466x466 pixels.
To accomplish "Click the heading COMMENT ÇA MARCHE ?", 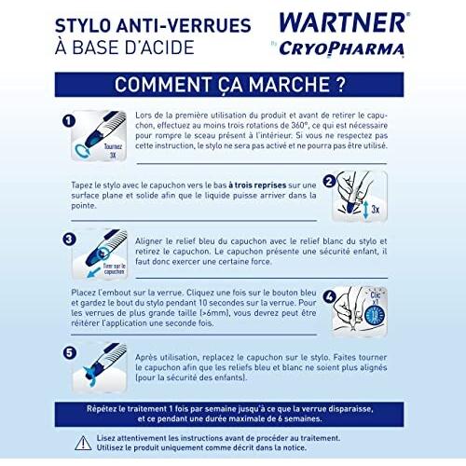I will [x=229, y=85].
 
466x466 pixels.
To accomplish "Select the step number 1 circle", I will [x=68, y=120].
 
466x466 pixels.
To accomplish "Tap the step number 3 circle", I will [x=68, y=239].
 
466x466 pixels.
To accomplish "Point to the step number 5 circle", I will [x=68, y=352].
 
